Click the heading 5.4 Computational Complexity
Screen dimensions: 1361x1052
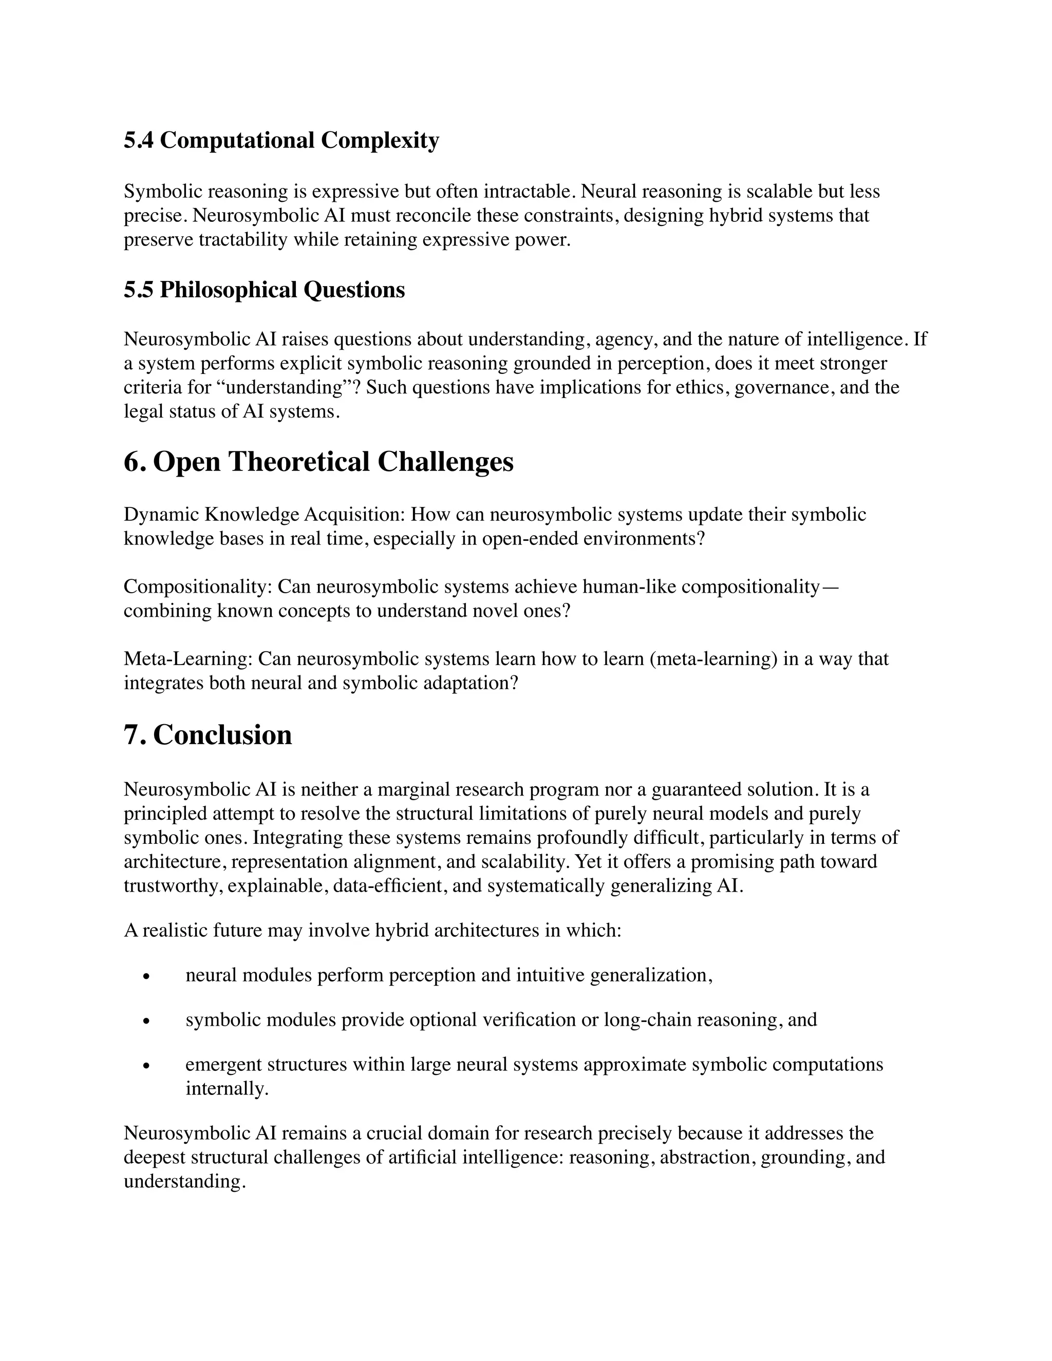tap(281, 141)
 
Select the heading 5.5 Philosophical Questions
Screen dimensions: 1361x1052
tap(264, 290)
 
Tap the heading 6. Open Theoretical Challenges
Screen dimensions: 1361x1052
tap(318, 462)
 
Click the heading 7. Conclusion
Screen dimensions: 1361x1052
tap(208, 735)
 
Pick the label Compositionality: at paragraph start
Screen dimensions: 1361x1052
tap(198, 587)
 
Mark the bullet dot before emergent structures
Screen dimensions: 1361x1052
tap(147, 1067)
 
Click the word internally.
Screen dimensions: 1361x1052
tap(227, 1089)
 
